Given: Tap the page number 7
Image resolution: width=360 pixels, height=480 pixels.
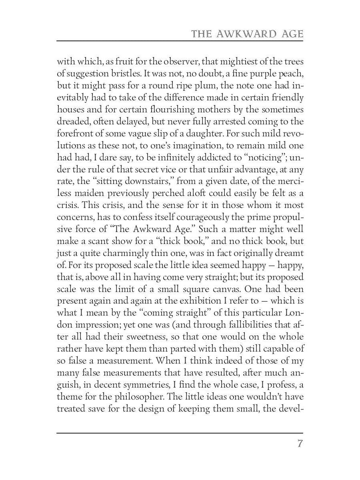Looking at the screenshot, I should pyautogui.click(x=300, y=444).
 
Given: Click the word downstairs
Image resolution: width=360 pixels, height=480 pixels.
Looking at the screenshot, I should pyautogui.click(x=153, y=181).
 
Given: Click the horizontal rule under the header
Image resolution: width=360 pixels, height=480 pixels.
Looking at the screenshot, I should pyautogui.click(x=180, y=41).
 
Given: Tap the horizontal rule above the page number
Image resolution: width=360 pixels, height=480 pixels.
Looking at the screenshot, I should pyautogui.click(x=180, y=433).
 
